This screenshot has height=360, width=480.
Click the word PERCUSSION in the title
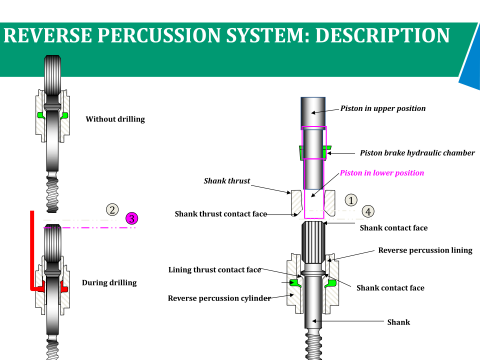[x=161, y=35]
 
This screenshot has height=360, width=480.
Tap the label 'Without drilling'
[x=115, y=119]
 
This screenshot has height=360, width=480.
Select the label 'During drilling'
[x=109, y=282]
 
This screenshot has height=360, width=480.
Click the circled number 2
[x=112, y=210]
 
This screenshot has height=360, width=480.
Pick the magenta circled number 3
[x=132, y=219]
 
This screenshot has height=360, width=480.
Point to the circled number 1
[x=351, y=200]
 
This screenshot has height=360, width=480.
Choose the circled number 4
[x=368, y=211]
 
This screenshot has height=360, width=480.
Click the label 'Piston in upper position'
[x=383, y=108]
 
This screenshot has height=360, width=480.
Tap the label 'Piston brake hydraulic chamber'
[x=417, y=153]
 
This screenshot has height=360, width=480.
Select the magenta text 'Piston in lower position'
[x=382, y=173]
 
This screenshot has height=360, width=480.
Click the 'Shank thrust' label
[x=227, y=181]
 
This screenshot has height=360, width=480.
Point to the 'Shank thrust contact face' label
[x=221, y=214]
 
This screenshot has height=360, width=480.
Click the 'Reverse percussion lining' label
[x=425, y=250]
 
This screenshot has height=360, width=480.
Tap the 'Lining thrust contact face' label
[x=215, y=269]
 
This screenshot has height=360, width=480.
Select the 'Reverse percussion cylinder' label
[x=219, y=298]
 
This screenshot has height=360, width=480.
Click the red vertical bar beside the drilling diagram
[x=32, y=250]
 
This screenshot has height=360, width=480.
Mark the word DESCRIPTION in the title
[x=382, y=35]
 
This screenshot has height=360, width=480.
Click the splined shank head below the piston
[x=314, y=242]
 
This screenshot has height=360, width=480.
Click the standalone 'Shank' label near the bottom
[x=399, y=322]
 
